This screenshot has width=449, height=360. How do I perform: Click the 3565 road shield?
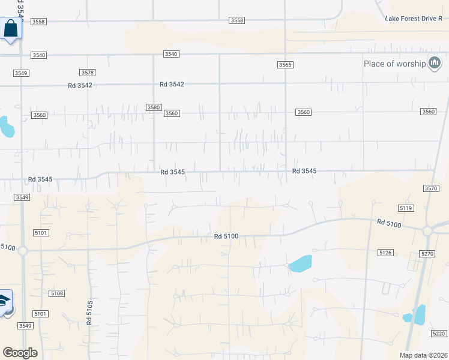coord(285,65)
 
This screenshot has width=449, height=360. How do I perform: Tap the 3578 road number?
coord(88,73)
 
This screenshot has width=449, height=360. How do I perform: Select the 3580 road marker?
coord(154,107)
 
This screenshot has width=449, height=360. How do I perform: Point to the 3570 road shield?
coord(431,188)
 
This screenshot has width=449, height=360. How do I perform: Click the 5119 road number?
coord(406,208)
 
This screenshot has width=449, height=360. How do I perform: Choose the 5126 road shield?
coord(385,253)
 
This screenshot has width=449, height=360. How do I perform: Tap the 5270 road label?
coord(427,254)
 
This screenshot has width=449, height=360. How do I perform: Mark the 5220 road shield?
coord(439,334)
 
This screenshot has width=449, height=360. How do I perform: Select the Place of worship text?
coord(394,64)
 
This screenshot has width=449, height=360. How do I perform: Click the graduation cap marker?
coord(5,301)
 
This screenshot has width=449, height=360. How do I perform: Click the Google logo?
coord(20,353)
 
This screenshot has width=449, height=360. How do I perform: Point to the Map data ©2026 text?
coord(423,355)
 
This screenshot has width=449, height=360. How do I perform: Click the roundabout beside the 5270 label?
coord(428,231)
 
